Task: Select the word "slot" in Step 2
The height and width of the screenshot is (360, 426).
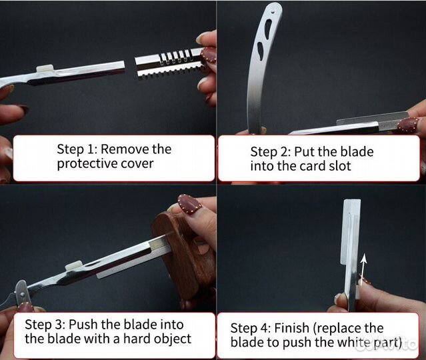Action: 339,166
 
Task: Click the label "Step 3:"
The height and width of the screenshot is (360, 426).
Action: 45,325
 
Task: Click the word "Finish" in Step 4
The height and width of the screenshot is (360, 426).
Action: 291,328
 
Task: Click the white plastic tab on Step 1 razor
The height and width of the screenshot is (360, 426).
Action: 45,69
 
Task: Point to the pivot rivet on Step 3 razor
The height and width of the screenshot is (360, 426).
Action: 22,294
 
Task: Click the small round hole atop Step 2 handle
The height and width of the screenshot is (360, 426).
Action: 274,12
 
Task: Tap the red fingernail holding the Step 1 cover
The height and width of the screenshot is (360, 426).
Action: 208,55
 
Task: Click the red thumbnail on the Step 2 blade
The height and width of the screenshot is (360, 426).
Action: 409,125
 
